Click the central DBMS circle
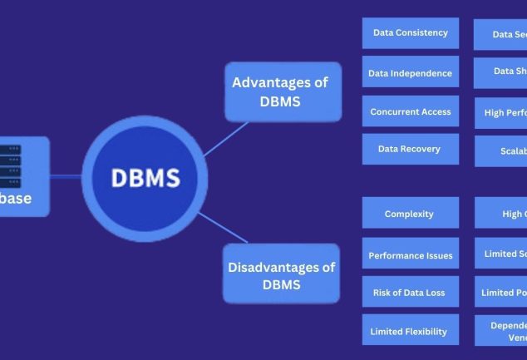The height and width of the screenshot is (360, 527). click(x=145, y=177)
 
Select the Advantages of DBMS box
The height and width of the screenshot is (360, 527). click(x=283, y=91)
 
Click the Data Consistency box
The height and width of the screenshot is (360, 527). click(x=410, y=33)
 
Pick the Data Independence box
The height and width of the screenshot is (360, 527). click(x=410, y=73)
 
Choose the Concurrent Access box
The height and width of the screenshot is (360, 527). click(x=410, y=111)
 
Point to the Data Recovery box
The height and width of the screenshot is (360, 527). click(x=410, y=149)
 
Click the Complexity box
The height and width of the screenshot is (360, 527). click(x=410, y=214)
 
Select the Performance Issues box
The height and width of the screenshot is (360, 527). click(x=410, y=255)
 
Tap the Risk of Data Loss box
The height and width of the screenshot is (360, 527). click(x=410, y=293)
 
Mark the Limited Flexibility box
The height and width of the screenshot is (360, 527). click(x=410, y=331)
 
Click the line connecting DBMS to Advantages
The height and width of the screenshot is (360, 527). click(x=225, y=137)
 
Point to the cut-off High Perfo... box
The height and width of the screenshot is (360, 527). click(x=501, y=112)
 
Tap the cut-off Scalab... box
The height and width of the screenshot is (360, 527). click(x=502, y=152)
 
